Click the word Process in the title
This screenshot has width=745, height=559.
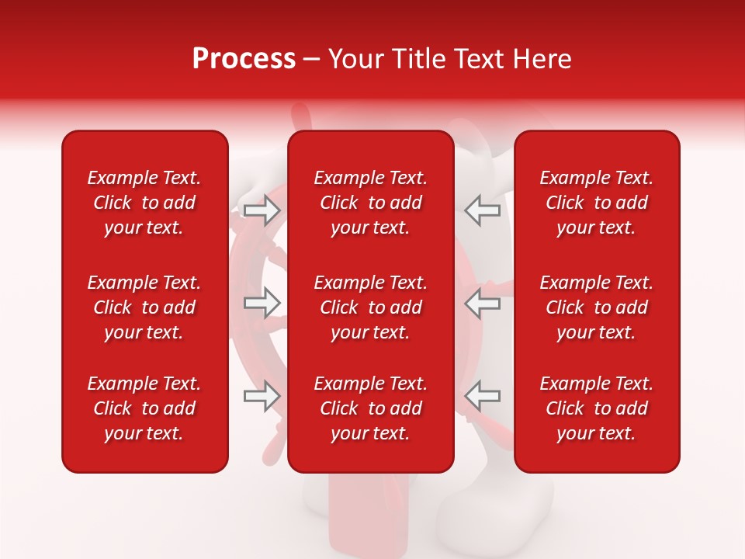244,59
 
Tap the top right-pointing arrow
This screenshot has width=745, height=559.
262,210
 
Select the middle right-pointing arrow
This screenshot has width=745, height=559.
262,303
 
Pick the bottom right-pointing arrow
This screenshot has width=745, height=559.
262,396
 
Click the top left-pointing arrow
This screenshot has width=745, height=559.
482,210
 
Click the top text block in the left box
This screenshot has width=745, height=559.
144,203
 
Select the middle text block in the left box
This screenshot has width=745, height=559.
144,307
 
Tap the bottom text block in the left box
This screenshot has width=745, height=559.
144,408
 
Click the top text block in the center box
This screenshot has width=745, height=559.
370,203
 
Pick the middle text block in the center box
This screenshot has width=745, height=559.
370,307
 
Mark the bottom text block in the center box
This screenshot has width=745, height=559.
370,408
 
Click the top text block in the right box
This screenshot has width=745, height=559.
596,203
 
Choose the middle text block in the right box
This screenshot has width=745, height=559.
596,307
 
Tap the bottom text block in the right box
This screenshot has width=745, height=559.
596,408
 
